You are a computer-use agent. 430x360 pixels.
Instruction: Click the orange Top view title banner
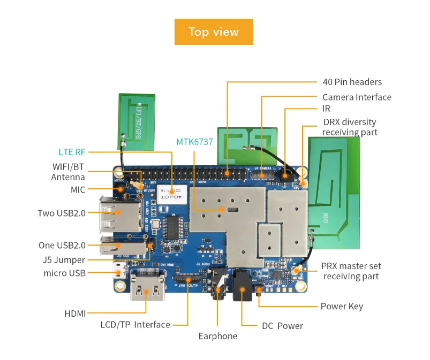coord(214,32)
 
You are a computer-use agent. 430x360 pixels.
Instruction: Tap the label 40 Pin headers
coord(352,82)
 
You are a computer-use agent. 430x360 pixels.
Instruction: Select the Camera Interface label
coord(357,97)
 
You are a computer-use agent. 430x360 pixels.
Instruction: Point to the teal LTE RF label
coord(72,151)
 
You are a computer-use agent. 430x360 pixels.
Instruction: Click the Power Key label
coord(341,306)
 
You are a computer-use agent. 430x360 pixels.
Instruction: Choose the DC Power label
coord(282,325)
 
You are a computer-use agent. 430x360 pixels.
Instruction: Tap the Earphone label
coord(217,336)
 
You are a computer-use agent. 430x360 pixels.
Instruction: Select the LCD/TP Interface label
coord(135,324)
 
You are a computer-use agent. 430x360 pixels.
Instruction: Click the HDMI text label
coord(75,313)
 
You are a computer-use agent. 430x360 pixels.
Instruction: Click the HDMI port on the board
coord(146,289)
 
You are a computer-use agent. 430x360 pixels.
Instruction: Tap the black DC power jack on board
coord(242,289)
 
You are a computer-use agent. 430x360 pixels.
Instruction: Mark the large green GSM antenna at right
coord(334,193)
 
